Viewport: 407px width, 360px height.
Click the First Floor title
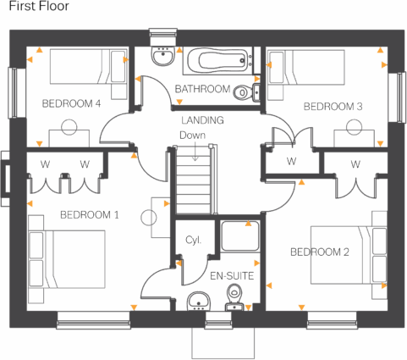click(x=39, y=7)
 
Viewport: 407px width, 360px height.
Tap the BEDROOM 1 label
click(x=89, y=215)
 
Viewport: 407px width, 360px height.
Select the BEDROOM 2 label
click(x=320, y=252)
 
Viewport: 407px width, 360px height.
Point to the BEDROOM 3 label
click(x=333, y=107)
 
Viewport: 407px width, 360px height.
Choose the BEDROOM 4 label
click(x=71, y=103)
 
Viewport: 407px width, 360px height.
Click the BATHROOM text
click(x=202, y=89)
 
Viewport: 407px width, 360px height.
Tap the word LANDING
click(x=202, y=120)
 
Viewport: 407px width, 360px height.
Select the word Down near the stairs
click(x=191, y=134)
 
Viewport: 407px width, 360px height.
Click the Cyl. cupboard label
click(x=193, y=241)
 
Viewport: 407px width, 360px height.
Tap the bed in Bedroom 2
click(x=343, y=254)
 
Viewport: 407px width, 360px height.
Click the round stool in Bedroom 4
click(x=69, y=125)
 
